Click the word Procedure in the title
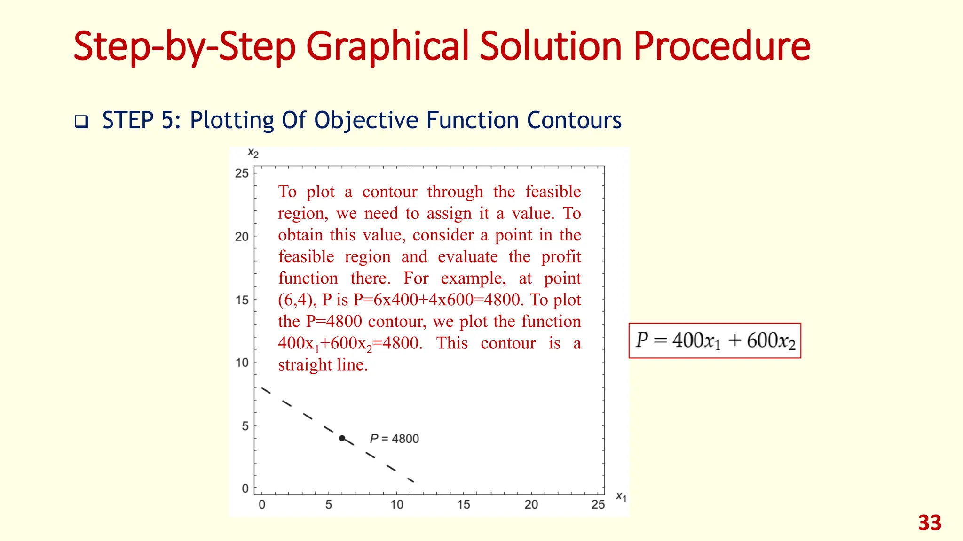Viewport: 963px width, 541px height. (x=722, y=46)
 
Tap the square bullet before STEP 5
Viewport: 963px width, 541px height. (x=81, y=122)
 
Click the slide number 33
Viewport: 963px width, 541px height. (x=930, y=523)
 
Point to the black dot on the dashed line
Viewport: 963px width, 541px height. (x=342, y=438)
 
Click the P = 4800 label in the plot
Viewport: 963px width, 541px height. (x=394, y=439)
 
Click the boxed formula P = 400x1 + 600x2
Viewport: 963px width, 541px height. (x=715, y=341)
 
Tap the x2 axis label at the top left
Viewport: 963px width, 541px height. (x=253, y=153)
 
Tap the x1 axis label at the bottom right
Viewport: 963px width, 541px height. (x=621, y=496)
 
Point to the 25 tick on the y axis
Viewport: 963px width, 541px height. (x=242, y=173)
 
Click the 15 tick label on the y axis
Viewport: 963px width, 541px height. (x=242, y=300)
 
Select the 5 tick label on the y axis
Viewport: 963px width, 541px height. (x=245, y=426)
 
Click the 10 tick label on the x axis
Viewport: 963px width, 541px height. (x=396, y=505)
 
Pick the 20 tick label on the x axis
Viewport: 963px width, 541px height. (x=531, y=505)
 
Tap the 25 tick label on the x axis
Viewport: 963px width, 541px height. (x=598, y=505)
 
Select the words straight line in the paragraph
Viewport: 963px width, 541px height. (x=322, y=365)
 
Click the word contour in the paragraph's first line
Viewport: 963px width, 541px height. (x=389, y=192)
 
